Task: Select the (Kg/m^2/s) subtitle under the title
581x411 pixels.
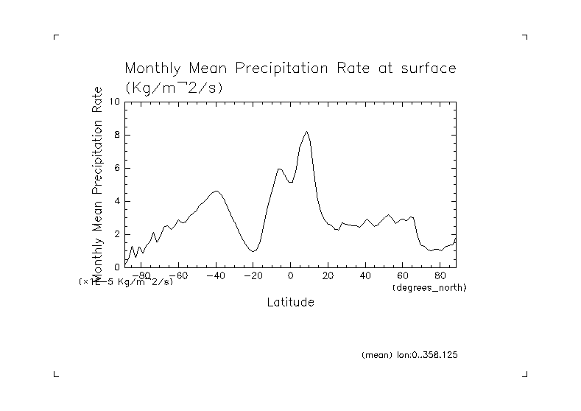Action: click(x=174, y=87)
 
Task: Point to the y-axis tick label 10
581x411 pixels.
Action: click(x=114, y=102)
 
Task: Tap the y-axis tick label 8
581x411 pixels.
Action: click(x=116, y=135)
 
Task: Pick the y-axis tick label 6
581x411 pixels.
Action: click(x=116, y=168)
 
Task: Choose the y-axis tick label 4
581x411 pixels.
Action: click(x=116, y=201)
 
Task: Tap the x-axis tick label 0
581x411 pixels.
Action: click(x=291, y=276)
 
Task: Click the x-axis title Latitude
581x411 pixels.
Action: click(x=290, y=303)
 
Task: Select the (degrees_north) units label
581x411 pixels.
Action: click(x=430, y=287)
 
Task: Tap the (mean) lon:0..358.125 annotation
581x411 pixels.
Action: click(x=410, y=355)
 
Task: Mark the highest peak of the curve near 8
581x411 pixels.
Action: click(x=306, y=132)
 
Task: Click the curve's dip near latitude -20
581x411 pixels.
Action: click(x=253, y=251)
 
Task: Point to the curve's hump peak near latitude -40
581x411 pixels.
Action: click(x=216, y=191)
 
